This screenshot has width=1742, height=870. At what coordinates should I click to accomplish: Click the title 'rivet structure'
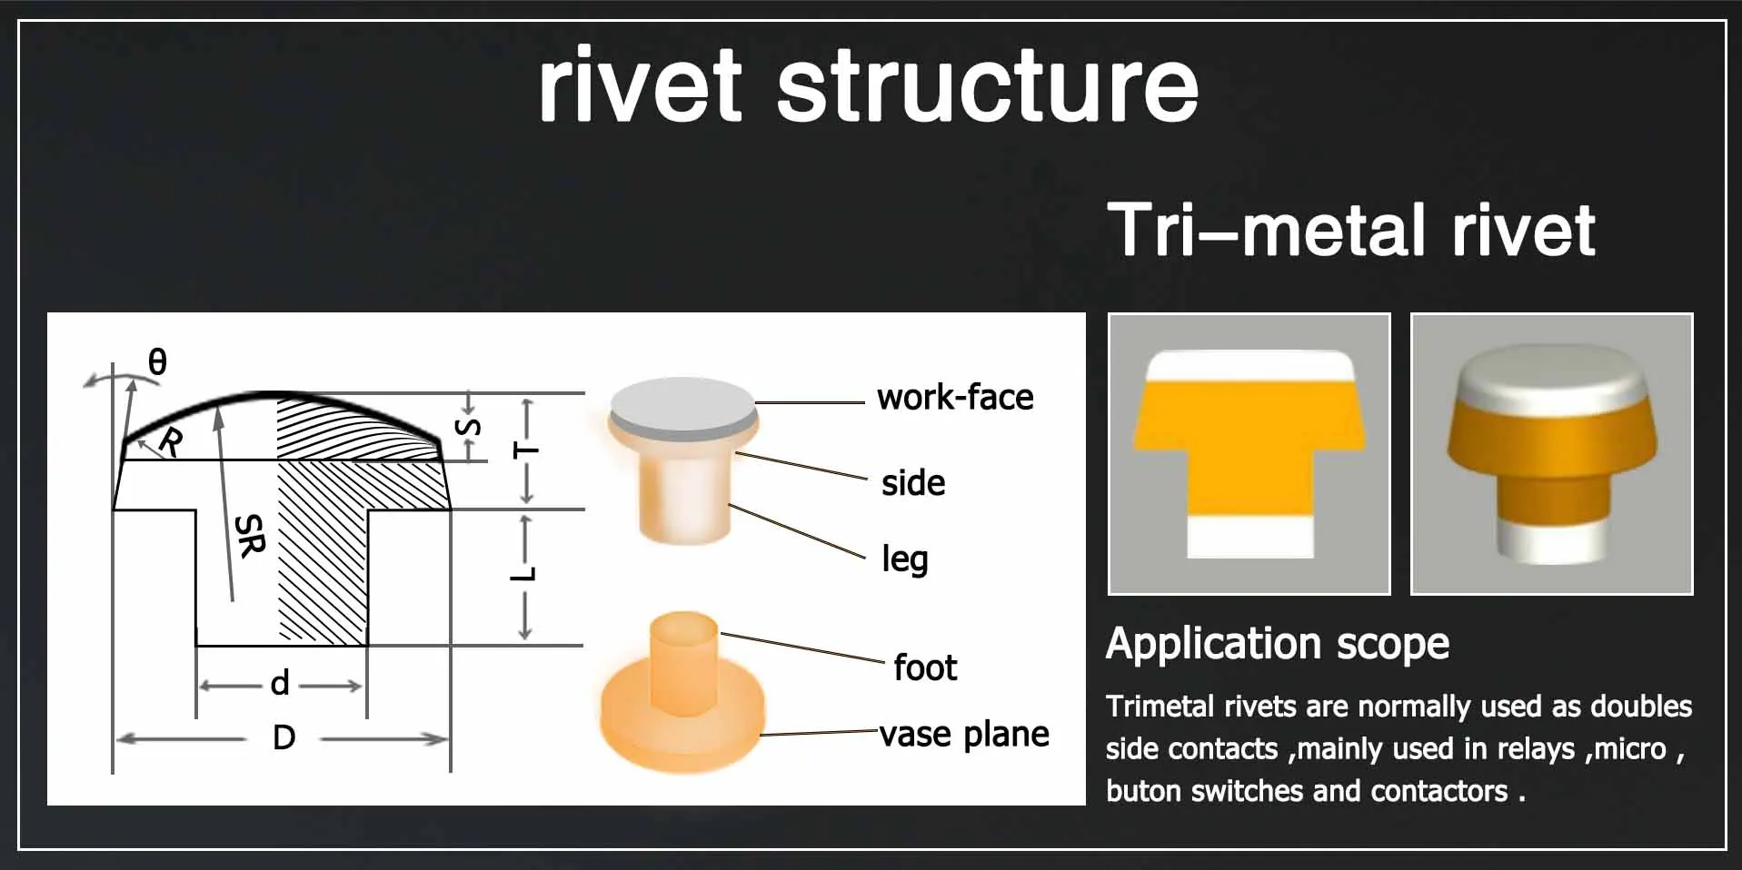[x=868, y=86]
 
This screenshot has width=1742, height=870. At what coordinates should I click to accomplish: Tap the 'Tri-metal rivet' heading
[x=1350, y=231]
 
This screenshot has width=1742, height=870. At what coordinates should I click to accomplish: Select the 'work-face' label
[x=955, y=398]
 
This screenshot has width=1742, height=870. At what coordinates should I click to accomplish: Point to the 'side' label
[x=912, y=483]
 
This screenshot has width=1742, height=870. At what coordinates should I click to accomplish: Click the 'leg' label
[x=904, y=559]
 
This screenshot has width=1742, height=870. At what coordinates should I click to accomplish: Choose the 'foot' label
[x=924, y=667]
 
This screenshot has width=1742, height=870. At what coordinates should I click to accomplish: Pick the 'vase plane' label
[x=964, y=734]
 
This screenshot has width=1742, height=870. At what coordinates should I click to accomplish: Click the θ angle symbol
[x=157, y=362]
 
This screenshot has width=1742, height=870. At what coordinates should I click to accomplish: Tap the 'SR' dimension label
[x=249, y=535]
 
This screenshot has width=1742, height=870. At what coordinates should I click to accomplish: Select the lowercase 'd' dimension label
[x=280, y=683]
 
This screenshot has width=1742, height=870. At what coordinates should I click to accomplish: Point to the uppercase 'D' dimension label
[x=284, y=737]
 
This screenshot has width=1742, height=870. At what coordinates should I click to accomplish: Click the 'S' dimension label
[x=468, y=427]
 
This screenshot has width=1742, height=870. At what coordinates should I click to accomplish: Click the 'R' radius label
[x=171, y=442]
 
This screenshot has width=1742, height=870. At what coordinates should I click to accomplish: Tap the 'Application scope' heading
[x=1277, y=644]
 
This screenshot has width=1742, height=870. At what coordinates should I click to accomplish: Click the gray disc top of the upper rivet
[x=682, y=402]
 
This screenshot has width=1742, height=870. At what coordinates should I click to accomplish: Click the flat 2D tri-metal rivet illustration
[x=1249, y=454]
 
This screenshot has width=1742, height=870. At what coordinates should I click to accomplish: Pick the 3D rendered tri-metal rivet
[x=1551, y=454]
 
